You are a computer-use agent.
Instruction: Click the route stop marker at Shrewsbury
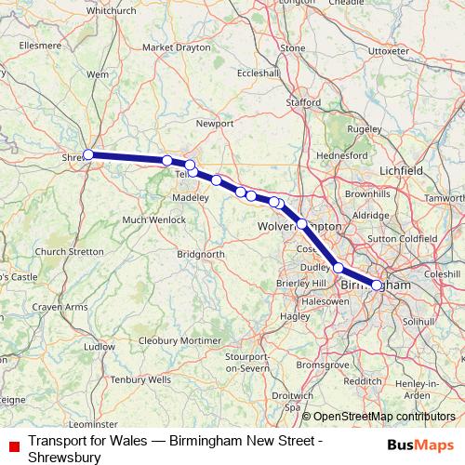click(x=88, y=155)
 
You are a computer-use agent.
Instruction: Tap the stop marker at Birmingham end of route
click(x=377, y=286)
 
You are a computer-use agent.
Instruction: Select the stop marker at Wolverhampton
click(x=302, y=224)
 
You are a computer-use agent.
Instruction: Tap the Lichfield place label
click(x=402, y=171)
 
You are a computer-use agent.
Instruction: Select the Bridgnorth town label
click(x=201, y=253)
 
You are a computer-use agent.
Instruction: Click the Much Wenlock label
click(x=146, y=219)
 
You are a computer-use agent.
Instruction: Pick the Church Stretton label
click(x=70, y=252)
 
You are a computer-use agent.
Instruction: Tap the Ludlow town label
click(x=99, y=346)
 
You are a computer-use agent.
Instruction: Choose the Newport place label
click(x=215, y=122)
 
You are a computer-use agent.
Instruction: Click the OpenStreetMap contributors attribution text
click(x=384, y=418)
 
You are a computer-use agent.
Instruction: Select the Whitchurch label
click(x=111, y=11)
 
